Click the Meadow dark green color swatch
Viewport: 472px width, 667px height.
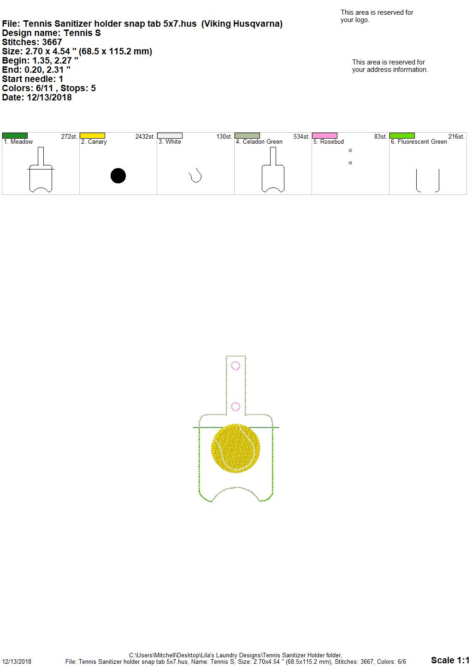point(15,136)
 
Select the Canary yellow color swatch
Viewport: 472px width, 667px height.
point(92,136)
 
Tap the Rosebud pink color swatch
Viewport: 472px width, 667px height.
point(325,136)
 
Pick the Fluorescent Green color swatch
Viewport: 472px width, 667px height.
point(402,136)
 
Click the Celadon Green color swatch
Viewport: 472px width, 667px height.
point(248,136)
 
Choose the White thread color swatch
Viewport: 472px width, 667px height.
point(170,136)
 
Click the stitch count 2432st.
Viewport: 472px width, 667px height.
point(145,137)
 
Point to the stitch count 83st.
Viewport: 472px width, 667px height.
point(381,137)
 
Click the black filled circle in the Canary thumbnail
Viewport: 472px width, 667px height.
point(118,176)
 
